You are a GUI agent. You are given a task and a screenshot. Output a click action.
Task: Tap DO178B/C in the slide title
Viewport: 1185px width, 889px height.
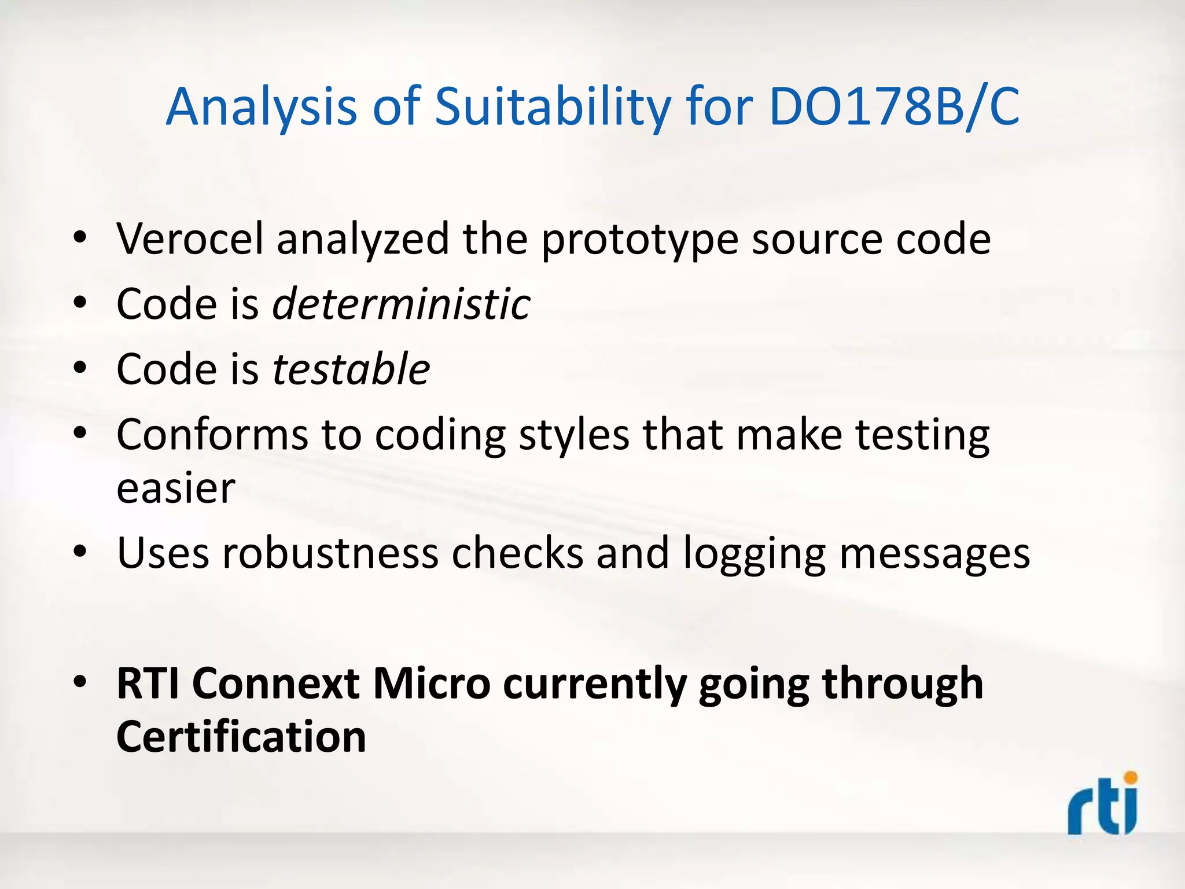pyautogui.click(x=894, y=107)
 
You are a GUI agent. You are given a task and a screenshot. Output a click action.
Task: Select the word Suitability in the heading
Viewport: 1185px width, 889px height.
pyautogui.click(x=553, y=107)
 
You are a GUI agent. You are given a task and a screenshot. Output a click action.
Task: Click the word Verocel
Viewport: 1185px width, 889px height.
pyautogui.click(x=190, y=238)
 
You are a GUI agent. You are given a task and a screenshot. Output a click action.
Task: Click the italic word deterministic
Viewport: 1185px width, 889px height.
pyautogui.click(x=401, y=304)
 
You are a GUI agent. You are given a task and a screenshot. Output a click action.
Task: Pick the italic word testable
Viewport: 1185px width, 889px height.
pyautogui.click(x=351, y=369)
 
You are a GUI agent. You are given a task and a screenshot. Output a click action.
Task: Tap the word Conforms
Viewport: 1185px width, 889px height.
pyautogui.click(x=212, y=434)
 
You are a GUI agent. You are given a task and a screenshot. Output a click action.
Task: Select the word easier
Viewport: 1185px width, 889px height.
pyautogui.click(x=176, y=488)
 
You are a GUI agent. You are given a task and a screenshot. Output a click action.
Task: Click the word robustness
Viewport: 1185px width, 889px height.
pyautogui.click(x=330, y=553)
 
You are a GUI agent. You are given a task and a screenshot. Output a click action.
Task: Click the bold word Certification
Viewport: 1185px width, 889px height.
pyautogui.click(x=241, y=736)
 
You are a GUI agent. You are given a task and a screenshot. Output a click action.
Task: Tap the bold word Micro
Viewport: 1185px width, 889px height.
pyautogui.click(x=431, y=684)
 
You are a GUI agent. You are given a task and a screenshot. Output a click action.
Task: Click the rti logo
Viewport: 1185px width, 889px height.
pyautogui.click(x=1102, y=806)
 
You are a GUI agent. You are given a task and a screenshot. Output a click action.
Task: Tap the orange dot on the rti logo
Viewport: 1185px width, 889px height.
pyautogui.click(x=1130, y=778)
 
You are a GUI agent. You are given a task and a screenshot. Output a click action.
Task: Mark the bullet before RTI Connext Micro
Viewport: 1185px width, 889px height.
pyautogui.click(x=80, y=682)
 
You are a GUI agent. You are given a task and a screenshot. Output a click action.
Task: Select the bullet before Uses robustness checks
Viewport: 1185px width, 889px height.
pyautogui.click(x=80, y=552)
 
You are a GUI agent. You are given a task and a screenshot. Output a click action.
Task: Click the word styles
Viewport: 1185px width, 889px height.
pyautogui.click(x=573, y=435)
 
